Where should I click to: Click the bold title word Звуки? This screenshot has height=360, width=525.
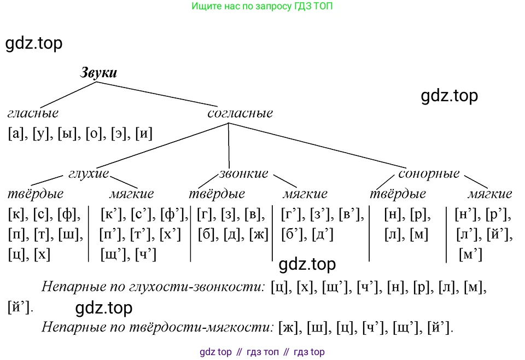pyautogui.click(x=99, y=72)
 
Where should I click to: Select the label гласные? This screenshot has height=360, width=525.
pyautogui.click(x=33, y=113)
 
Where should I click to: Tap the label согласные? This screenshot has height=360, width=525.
pyautogui.click(x=240, y=113)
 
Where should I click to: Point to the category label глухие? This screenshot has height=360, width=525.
pyautogui.click(x=89, y=173)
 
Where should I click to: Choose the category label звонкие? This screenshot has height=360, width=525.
pyautogui.click(x=243, y=173)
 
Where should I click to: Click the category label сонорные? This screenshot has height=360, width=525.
pyautogui.click(x=429, y=173)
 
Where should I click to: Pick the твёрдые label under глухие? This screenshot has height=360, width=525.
pyautogui.click(x=36, y=194)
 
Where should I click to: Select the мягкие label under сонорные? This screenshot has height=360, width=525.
pyautogui.click(x=489, y=194)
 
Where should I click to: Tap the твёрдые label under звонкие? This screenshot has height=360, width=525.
pyautogui.click(x=217, y=194)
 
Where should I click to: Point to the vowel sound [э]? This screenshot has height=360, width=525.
pyautogui.click(x=120, y=133)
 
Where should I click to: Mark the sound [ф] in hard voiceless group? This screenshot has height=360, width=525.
pyautogui.click(x=68, y=214)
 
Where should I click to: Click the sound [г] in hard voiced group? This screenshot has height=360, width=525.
pyautogui.click(x=206, y=214)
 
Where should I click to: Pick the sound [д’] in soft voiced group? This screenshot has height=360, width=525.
pyautogui.click(x=322, y=235)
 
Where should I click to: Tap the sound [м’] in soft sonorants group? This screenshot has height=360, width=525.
pyautogui.click(x=471, y=254)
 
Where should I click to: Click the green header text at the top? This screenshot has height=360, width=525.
pyautogui.click(x=262, y=7)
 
